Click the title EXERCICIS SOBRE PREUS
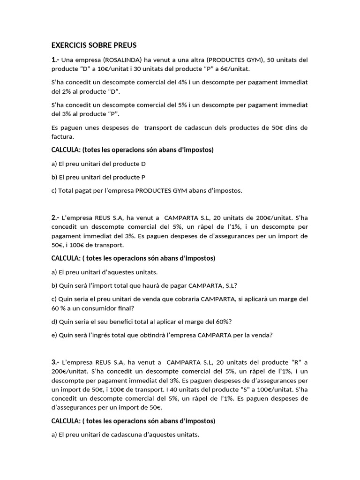coord(93,45)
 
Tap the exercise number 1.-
coord(55,60)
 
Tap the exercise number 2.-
coord(55,217)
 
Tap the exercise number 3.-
coord(55,362)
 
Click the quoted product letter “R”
coord(296,362)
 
